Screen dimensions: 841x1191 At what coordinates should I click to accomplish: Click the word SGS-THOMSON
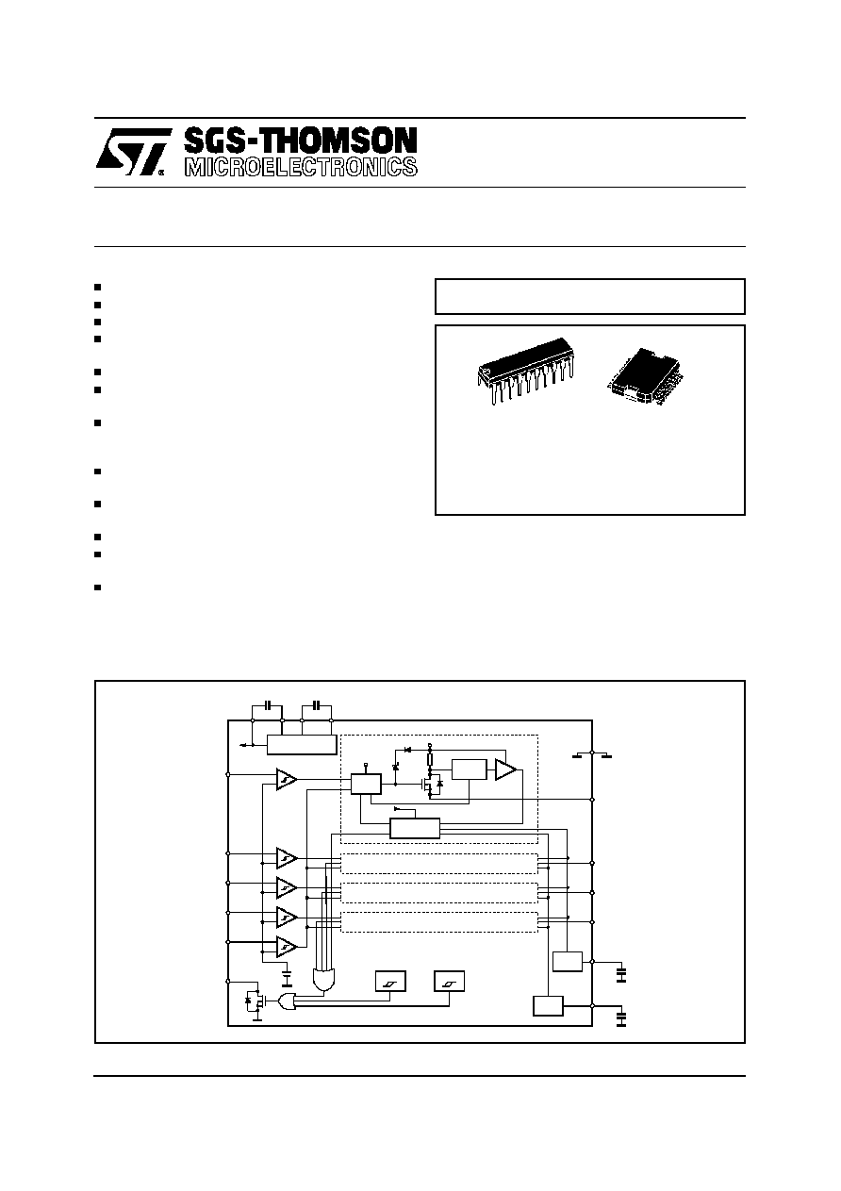[301, 141]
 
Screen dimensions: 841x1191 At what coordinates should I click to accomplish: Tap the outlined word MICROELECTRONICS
[301, 167]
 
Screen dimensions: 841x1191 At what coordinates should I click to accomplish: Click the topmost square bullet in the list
[97, 287]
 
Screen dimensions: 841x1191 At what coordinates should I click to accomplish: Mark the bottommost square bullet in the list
[97, 587]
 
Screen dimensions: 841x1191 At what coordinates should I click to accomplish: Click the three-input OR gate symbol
[287, 1001]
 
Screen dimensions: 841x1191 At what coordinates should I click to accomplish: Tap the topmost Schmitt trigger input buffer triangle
[286, 780]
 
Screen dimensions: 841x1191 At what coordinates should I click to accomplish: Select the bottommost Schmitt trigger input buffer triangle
[286, 947]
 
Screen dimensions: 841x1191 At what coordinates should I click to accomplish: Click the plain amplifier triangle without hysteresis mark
[505, 769]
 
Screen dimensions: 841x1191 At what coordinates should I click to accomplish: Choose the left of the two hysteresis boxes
[390, 981]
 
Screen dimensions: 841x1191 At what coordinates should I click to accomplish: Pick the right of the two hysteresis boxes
[449, 981]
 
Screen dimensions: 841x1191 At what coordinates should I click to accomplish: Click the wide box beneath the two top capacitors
[302, 745]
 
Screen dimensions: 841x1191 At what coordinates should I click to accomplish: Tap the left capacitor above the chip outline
[269, 705]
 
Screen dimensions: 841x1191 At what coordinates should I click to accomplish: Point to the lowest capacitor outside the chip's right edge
[621, 1018]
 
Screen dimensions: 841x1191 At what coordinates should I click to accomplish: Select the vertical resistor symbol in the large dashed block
[430, 758]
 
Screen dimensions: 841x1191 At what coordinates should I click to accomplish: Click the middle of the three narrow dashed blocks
[438, 893]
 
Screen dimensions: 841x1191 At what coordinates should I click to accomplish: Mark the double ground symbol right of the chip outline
[593, 754]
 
